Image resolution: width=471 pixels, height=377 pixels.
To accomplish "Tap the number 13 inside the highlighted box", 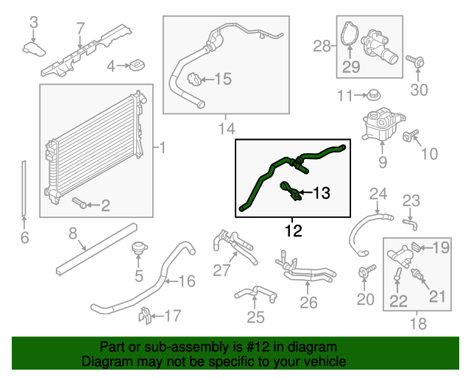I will click(322, 194).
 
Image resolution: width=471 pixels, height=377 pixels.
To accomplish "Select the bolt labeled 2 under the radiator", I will click(79, 202).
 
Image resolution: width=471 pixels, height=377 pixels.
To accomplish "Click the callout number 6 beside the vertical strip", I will click(24, 237).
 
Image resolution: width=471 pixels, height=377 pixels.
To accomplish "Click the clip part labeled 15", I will click(194, 80).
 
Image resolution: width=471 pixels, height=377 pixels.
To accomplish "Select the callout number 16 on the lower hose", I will click(187, 280).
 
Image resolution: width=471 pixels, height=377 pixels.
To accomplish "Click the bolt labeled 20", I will click(364, 274).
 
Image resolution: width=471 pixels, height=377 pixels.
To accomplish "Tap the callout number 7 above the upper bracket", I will click(81, 29).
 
